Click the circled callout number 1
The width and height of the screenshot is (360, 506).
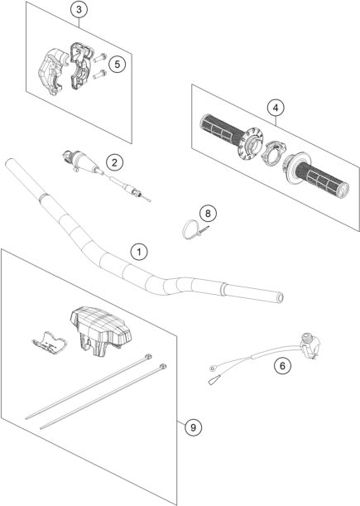(140, 250)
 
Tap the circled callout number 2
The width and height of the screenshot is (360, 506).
(113, 162)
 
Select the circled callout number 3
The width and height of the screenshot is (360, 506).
(78, 11)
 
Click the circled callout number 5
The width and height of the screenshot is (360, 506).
(117, 63)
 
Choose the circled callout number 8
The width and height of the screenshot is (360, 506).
(209, 214)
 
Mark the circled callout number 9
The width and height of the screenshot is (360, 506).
(192, 427)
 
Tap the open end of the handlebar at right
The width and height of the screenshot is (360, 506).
(280, 295)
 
